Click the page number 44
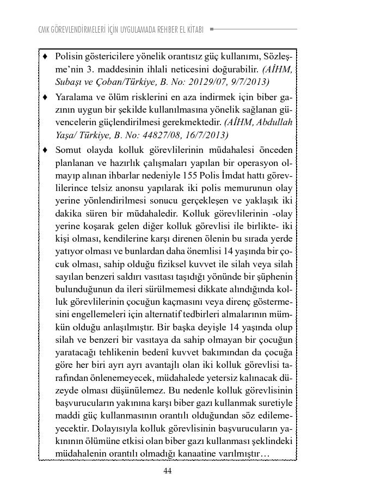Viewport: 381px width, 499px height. [x=168, y=471]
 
